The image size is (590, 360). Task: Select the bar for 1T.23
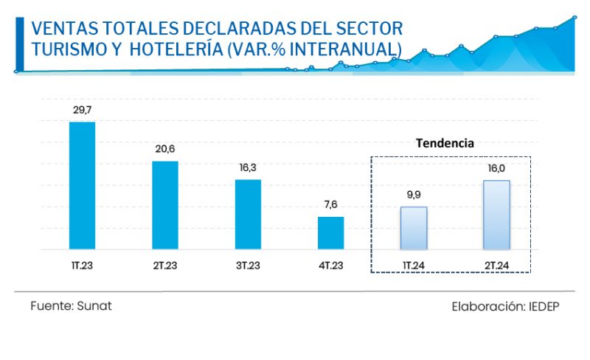pos(82,185)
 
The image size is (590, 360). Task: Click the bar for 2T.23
pos(165,205)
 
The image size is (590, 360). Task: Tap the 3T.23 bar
pos(248,214)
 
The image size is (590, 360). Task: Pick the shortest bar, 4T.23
pos(331,232)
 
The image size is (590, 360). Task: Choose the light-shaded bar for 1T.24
pos(414,228)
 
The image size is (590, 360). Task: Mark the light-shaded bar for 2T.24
pos(496,215)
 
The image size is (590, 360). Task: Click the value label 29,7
pos(82,110)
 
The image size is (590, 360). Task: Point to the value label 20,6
pos(165,149)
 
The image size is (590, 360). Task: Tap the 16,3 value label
pos(248,167)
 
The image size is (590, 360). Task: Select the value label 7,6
pos(331,204)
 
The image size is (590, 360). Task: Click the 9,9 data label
pos(414,195)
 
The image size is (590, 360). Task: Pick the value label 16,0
pos(496,168)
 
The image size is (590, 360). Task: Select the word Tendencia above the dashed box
pos(444,143)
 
